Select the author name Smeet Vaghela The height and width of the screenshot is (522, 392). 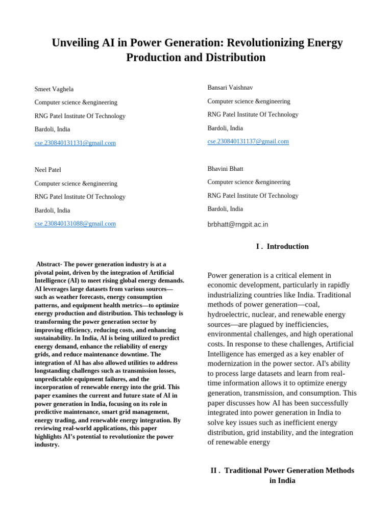point(54,89)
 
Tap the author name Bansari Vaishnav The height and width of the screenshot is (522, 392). point(230,88)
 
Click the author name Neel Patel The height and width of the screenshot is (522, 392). point(47,170)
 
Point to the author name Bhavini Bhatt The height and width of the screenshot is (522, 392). point(225,169)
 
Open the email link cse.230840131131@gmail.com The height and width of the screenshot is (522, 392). point(75,143)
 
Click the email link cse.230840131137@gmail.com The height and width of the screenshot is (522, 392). point(248,142)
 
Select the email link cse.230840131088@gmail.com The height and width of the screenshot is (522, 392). point(75,224)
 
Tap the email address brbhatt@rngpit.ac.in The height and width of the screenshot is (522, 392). point(237,224)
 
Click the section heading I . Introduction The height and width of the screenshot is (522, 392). point(282,247)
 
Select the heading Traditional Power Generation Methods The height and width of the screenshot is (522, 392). point(289,471)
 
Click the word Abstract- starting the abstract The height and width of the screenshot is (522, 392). point(49,264)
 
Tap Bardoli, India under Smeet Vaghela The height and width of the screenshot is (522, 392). point(52,129)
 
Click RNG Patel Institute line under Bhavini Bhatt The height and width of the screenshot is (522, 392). point(253,196)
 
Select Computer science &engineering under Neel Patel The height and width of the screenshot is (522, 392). point(76,184)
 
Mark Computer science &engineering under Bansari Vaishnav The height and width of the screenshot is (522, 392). point(249,101)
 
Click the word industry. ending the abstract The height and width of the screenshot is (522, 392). point(47,445)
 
